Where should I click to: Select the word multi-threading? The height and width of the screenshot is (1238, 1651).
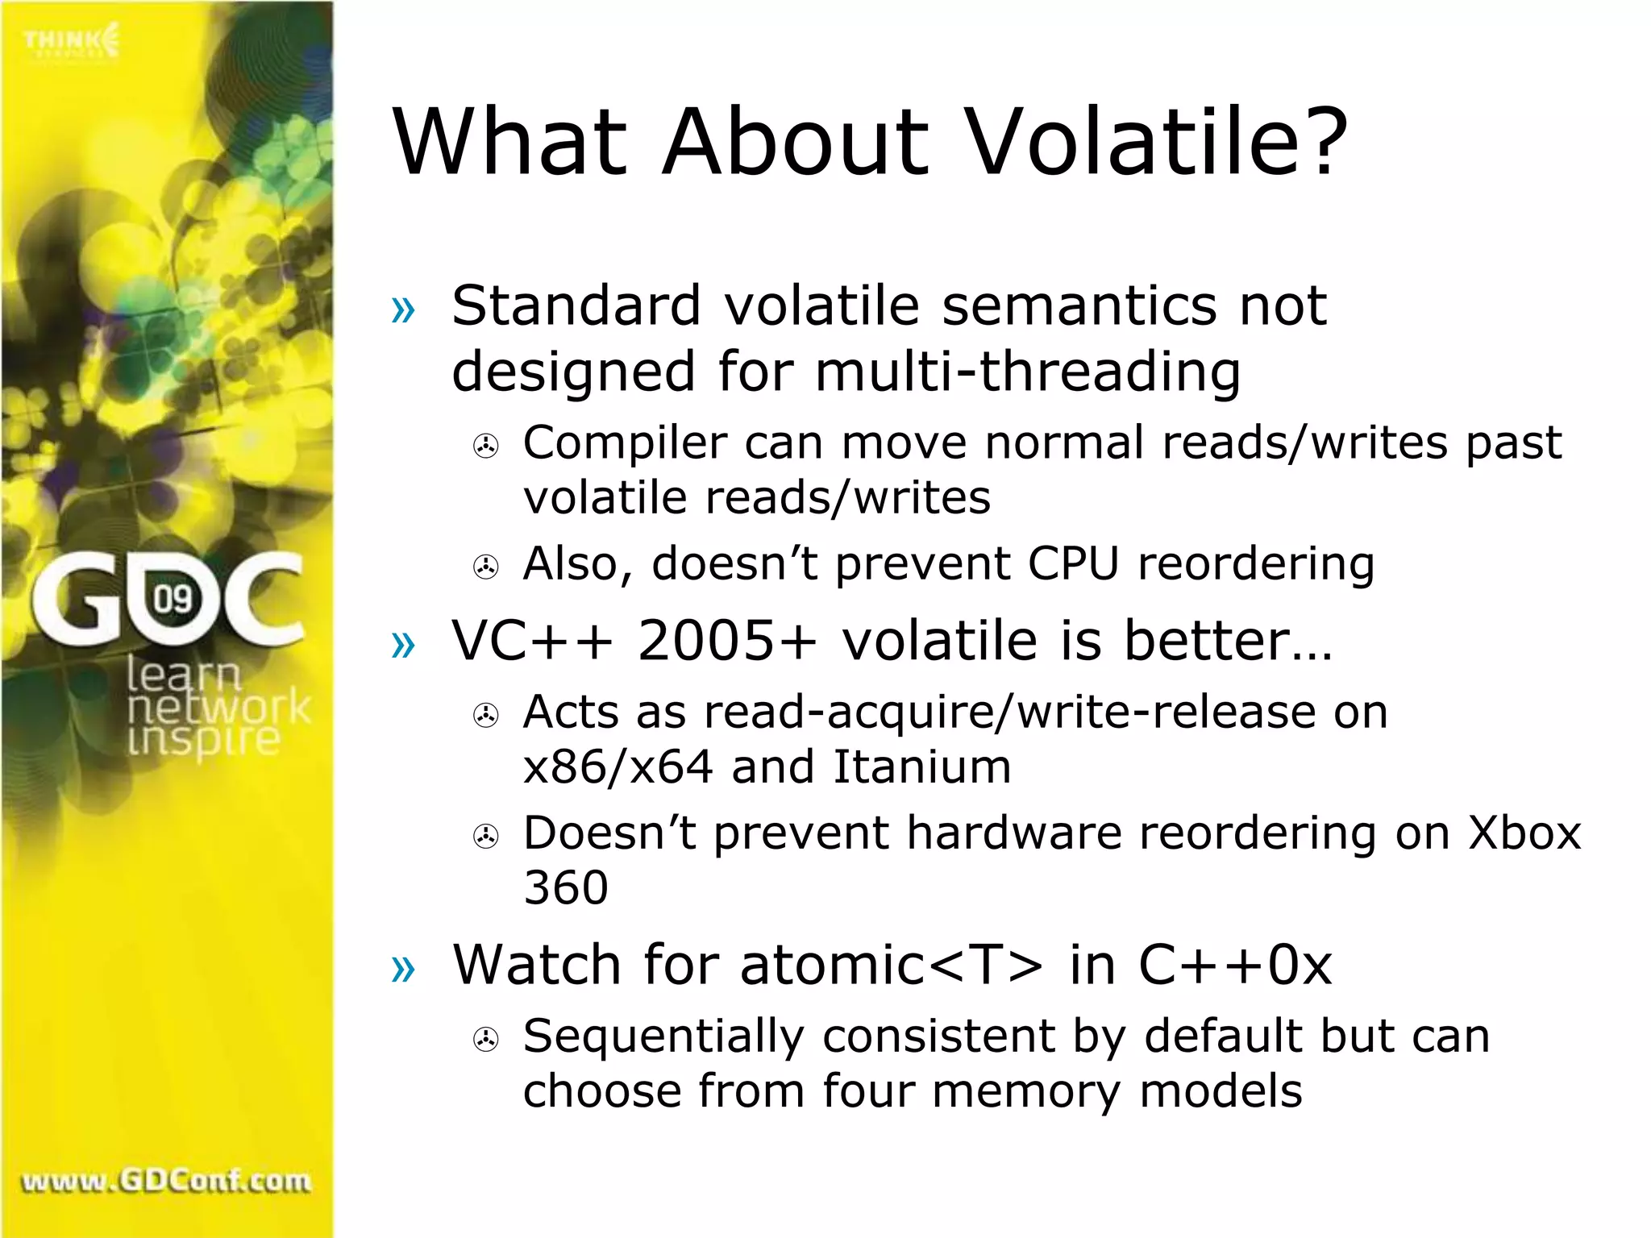[1028, 372]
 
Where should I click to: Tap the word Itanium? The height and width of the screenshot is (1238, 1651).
[921, 766]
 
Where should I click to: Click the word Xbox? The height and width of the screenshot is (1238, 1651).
[1524, 833]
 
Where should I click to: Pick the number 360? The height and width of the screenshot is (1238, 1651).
[565, 888]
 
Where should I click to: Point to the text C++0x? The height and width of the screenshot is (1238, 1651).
[1235, 965]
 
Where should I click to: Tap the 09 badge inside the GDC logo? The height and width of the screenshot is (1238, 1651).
[173, 599]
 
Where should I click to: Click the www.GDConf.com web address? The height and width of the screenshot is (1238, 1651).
[166, 1182]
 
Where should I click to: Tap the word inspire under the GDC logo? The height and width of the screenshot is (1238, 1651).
[203, 739]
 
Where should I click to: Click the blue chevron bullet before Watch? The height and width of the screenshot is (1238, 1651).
[402, 968]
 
